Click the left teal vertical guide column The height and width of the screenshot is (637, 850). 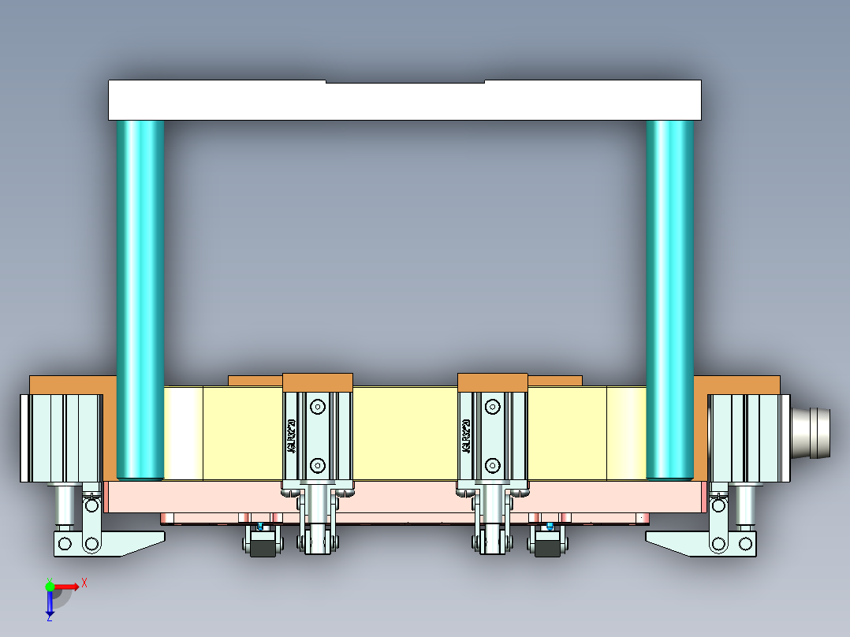pos(140,300)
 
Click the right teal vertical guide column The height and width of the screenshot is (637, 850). pos(669,300)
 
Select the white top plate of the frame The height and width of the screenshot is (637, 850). pos(404,100)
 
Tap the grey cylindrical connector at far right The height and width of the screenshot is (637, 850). pos(811,432)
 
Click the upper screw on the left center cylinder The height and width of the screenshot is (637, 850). pos(318,408)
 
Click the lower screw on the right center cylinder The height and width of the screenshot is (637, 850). pos(493,464)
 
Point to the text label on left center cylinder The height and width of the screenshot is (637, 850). pos(291,436)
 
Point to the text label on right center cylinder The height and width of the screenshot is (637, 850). pos(466,436)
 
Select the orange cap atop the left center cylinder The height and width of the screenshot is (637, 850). pos(317,382)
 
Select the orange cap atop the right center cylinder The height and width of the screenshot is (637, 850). pos(492,382)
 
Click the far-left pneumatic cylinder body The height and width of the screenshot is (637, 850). pos(61,438)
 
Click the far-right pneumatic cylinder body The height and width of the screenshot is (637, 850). pos(748,438)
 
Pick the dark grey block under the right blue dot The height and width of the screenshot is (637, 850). pos(547,545)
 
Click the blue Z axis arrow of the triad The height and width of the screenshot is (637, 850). pos(50,605)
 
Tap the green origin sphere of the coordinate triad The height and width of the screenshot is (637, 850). pos(50,586)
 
